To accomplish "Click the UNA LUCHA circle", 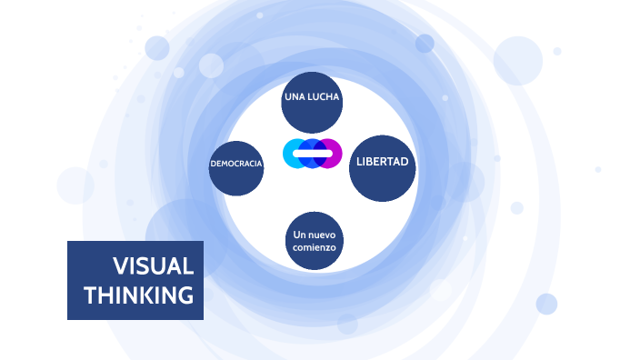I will point(312,103).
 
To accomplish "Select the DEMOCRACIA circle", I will point(236,168).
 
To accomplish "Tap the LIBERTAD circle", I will point(383,167).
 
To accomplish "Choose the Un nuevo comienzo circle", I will point(315,241).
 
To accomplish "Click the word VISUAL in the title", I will point(153,266).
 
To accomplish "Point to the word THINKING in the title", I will point(138,295).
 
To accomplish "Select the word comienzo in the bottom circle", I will point(315,247).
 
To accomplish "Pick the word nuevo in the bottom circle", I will point(321,235).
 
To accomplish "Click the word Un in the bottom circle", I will point(299,235).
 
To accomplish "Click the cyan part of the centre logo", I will point(293,154).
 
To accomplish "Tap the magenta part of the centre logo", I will point(333,153).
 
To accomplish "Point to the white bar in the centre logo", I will point(312,154).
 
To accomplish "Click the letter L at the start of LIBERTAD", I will point(360,163).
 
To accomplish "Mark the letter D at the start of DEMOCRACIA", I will point(213,164).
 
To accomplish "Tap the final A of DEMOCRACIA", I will point(261,164).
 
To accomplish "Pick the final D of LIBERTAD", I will point(405,163).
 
